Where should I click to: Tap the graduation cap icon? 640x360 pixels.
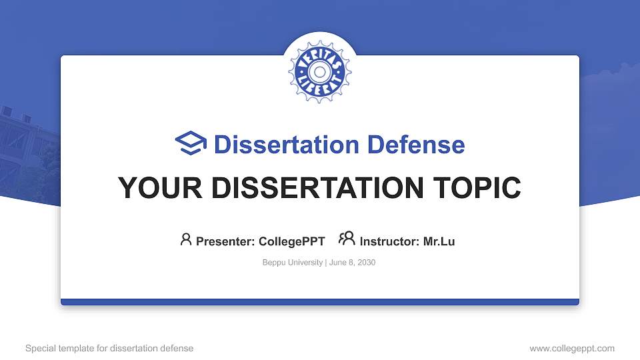click(x=191, y=143)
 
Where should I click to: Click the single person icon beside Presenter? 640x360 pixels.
click(x=186, y=239)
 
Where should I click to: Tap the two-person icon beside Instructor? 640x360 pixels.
click(x=347, y=239)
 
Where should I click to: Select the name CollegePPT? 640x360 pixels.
click(x=291, y=241)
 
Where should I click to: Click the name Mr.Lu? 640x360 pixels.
click(x=439, y=241)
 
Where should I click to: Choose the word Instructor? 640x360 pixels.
click(x=389, y=241)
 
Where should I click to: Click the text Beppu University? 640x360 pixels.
click(x=293, y=263)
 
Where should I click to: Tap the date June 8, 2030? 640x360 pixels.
click(x=353, y=263)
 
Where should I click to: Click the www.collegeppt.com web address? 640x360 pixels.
click(x=572, y=348)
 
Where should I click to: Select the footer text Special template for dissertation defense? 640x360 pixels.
click(x=109, y=348)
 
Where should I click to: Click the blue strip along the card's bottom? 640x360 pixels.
click(x=320, y=302)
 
